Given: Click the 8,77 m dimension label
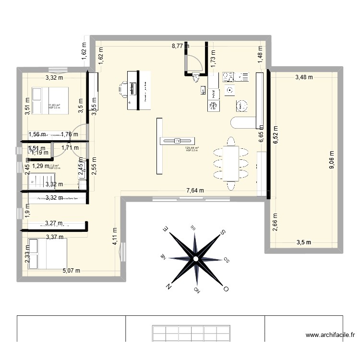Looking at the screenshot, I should tap(180, 47).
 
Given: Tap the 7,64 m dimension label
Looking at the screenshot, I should tap(195, 190).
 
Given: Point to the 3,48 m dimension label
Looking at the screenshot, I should tap(304, 77).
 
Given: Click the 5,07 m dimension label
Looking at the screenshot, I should tap(72, 270).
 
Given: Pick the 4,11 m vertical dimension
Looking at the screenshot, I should tap(115, 236).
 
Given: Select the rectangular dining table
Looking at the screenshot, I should tap(231, 163).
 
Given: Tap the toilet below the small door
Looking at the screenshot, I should tap(195, 78).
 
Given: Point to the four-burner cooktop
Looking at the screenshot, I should tap(228, 77).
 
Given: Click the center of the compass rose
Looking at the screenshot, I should tap(196, 259).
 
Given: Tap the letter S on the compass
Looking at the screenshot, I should tap(224, 233).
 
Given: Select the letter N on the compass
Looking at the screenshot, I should tap(169, 286).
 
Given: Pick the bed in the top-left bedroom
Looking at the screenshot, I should tap(50, 100).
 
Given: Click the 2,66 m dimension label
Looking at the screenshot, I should tap(275, 222).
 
